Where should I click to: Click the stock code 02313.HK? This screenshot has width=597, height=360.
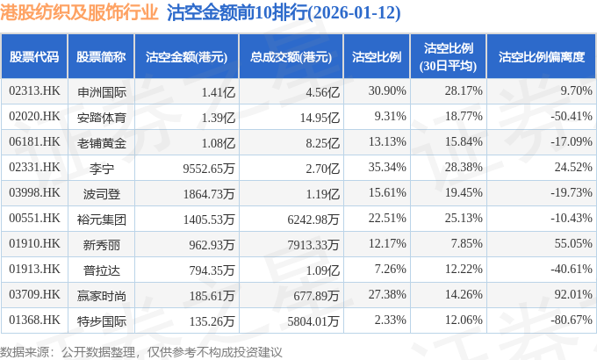[34, 90]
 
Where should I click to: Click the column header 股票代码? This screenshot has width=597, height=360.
[34, 57]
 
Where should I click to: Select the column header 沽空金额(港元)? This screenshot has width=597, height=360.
[187, 57]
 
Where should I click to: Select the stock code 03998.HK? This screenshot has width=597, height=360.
[34, 192]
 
